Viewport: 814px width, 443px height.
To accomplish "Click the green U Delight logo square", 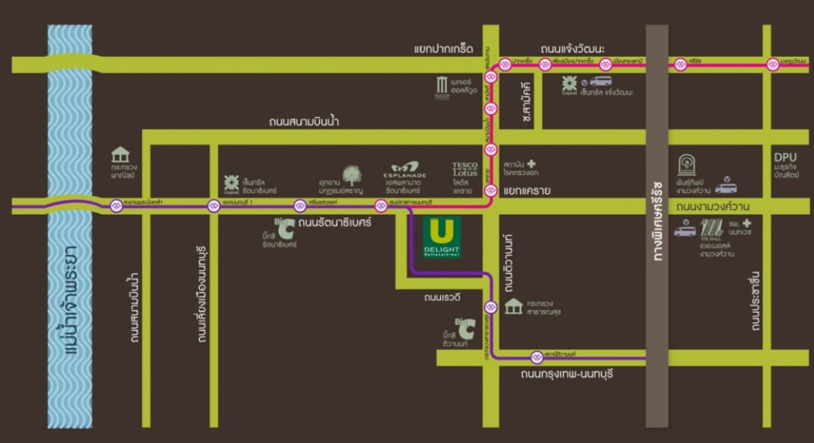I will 442,237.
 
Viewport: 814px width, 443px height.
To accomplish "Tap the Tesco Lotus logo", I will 465,170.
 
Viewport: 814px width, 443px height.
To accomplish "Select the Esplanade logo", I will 406,168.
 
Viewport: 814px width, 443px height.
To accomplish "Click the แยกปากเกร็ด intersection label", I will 443,49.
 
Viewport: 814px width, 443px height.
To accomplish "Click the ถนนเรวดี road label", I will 442,296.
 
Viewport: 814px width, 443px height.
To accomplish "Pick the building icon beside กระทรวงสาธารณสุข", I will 513,307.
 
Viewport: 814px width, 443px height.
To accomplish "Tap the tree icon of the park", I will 351,176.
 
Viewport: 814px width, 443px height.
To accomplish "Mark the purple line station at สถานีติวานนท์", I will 537,357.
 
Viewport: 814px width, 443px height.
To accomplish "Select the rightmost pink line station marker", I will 772,64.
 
